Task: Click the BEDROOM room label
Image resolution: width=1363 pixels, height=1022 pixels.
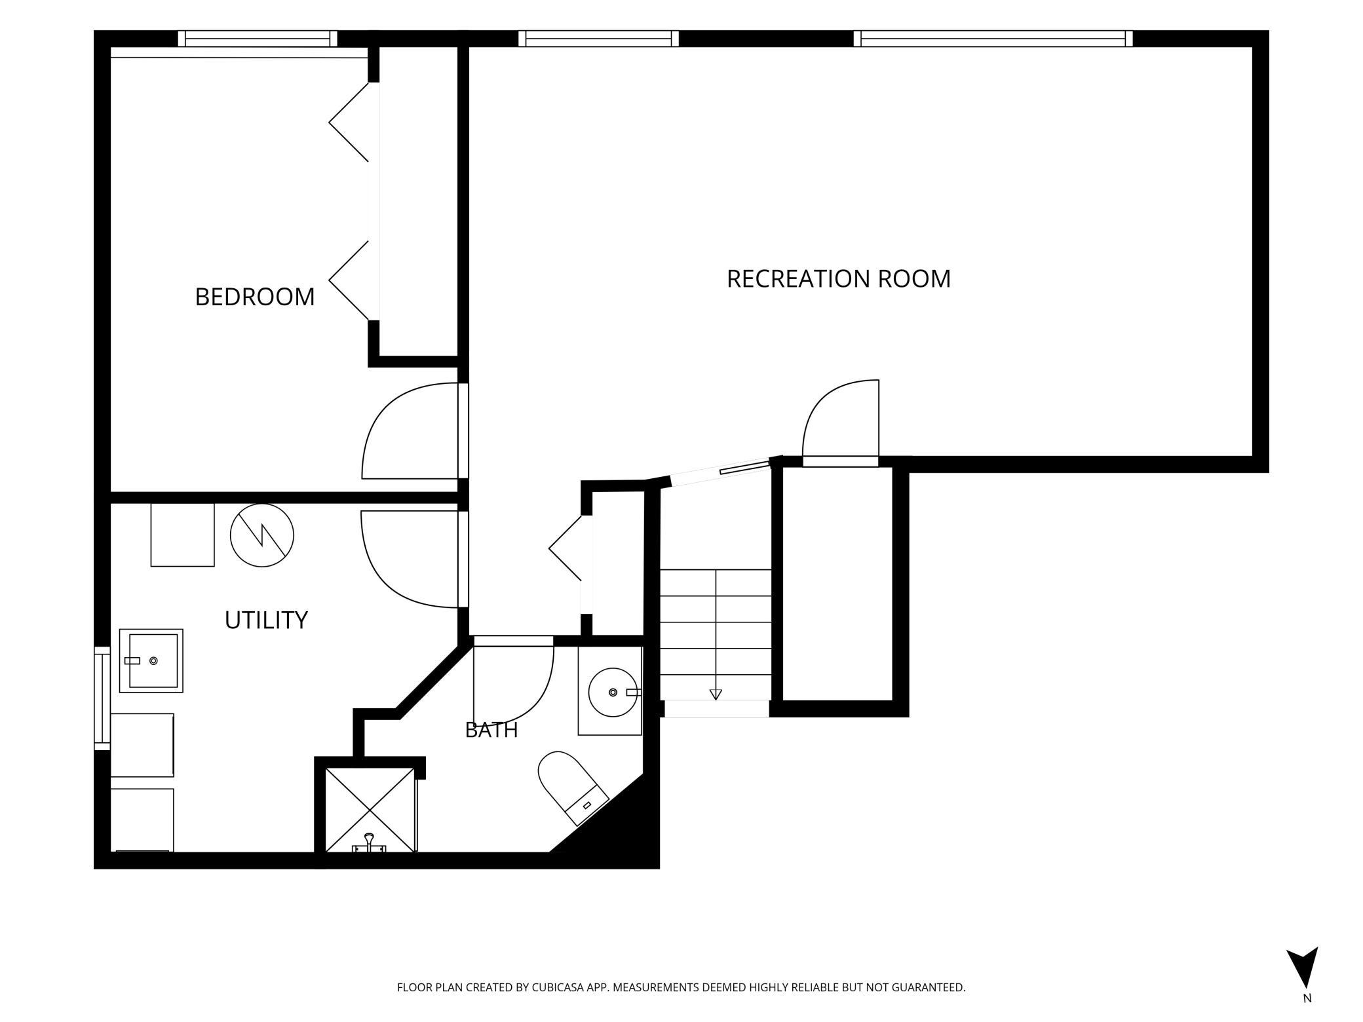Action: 255,297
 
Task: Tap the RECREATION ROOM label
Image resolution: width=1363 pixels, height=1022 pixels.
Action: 839,279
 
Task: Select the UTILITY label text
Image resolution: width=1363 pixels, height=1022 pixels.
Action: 266,620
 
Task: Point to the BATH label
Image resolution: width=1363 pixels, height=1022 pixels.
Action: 491,730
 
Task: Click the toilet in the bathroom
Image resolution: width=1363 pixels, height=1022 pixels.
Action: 572,787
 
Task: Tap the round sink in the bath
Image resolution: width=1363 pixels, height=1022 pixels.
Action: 613,692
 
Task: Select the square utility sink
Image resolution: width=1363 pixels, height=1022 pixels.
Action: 151,661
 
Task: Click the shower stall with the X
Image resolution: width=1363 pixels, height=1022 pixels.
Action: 371,810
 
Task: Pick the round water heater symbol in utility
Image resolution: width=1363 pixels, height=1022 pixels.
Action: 262,535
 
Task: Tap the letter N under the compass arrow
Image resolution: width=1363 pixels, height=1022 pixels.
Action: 1307,1017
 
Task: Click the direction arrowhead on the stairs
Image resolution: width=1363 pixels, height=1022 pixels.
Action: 716,694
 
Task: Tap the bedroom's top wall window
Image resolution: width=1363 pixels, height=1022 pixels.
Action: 258,39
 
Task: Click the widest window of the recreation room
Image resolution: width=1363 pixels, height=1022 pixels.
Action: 993,39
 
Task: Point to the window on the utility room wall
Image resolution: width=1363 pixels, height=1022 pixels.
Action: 102,698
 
